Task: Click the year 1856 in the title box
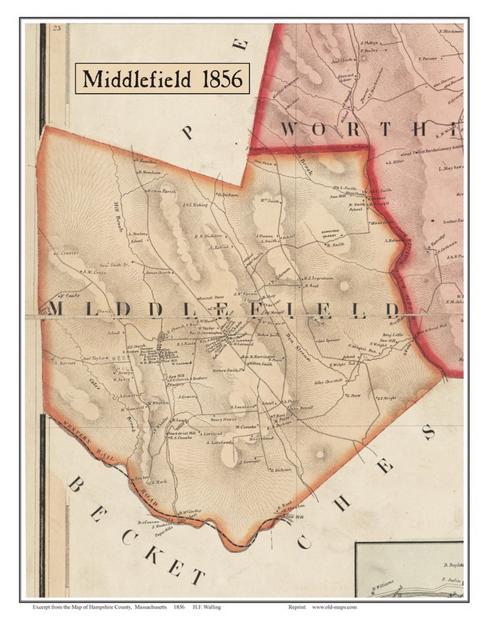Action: (222, 79)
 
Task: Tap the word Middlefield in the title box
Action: (137, 79)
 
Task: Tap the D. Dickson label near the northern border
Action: (227, 195)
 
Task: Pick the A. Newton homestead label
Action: (136, 234)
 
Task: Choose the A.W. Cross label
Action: (90, 272)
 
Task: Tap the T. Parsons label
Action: (426, 58)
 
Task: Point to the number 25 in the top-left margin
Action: (57, 28)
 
